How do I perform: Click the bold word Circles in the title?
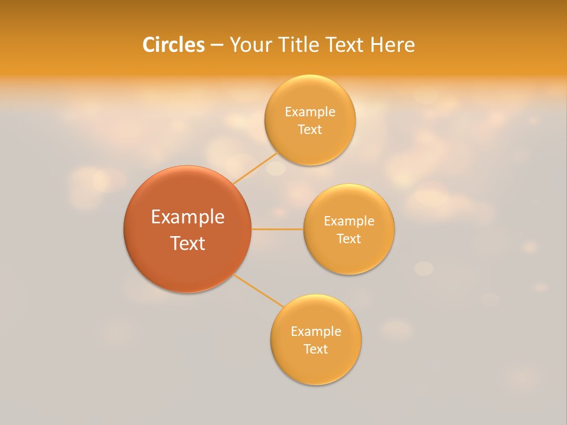[x=174, y=45]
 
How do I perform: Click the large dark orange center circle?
[x=187, y=266]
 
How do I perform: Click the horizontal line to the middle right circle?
[x=277, y=229]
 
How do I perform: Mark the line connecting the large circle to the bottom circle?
[x=259, y=290]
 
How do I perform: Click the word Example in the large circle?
[x=188, y=217]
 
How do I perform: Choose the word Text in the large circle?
[x=188, y=243]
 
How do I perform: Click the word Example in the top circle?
[x=309, y=112]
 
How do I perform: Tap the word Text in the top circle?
[x=309, y=130]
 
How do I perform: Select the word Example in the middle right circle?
[x=348, y=221]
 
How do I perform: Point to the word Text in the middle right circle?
[x=348, y=239]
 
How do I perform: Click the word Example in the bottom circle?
[x=315, y=332]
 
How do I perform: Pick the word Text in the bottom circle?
[x=315, y=349]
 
